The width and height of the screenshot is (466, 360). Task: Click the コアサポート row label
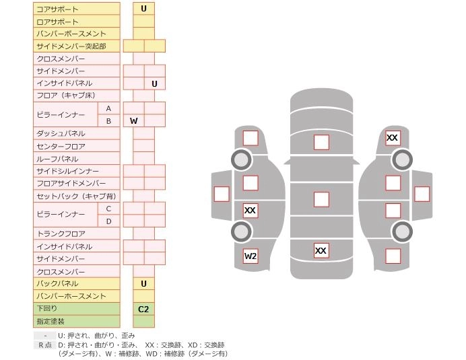tap(57, 9)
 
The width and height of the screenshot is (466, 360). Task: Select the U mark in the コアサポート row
tap(143, 9)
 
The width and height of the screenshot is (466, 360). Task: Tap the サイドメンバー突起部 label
tap(71, 46)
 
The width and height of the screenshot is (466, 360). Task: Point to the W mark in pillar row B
tap(133, 121)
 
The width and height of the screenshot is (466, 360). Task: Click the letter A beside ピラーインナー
tap(108, 108)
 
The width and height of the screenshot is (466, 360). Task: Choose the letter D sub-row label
tap(108, 221)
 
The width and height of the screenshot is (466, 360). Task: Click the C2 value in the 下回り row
tap(143, 309)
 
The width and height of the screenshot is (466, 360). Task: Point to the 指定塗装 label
tap(48, 321)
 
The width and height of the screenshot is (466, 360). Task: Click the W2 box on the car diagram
tap(251, 256)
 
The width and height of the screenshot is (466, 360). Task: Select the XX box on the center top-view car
tap(321, 251)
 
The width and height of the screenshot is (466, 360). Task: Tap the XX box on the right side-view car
tap(392, 138)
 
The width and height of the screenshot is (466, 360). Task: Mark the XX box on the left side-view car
tap(250, 211)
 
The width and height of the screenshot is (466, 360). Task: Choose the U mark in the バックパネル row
tap(143, 284)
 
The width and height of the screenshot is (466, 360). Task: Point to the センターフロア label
tap(61, 146)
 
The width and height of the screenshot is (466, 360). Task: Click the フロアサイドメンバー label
tap(71, 183)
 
